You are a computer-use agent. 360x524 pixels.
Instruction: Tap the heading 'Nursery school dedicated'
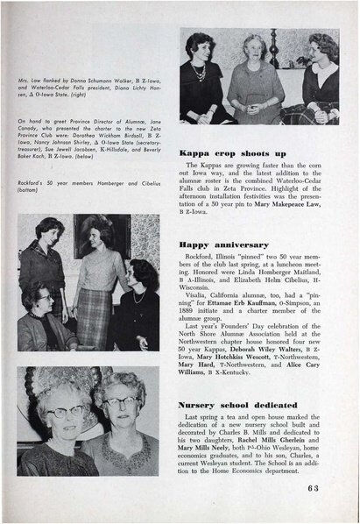coord(239,405)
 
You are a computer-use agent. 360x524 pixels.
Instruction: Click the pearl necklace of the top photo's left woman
coord(201,72)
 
